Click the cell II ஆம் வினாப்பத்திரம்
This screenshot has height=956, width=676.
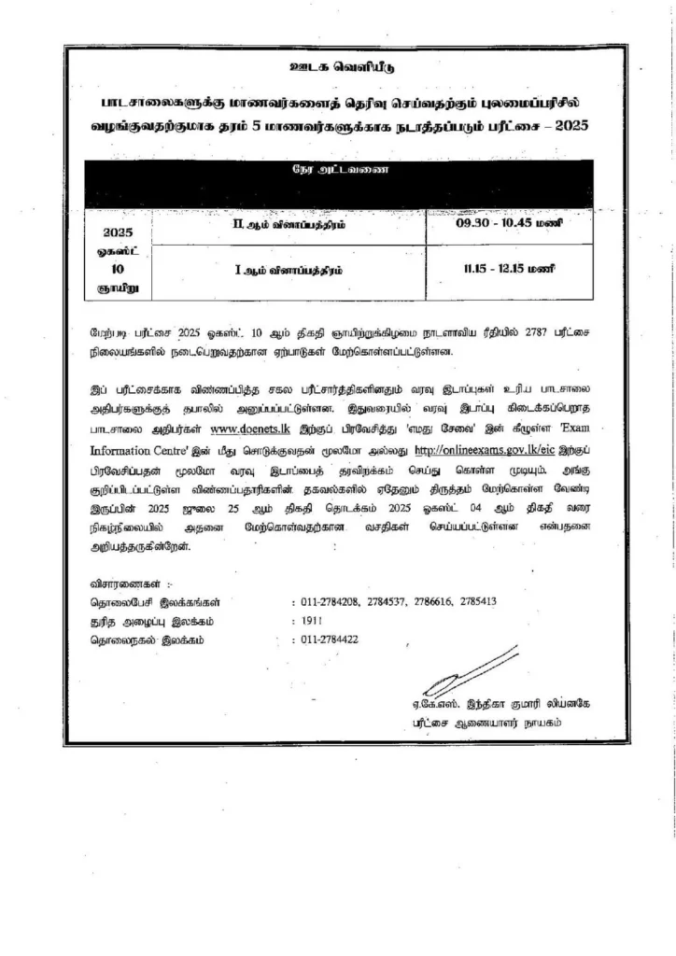coord(286,225)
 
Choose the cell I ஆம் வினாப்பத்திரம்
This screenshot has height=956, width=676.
coord(286,269)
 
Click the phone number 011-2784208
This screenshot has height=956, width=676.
coord(333,602)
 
